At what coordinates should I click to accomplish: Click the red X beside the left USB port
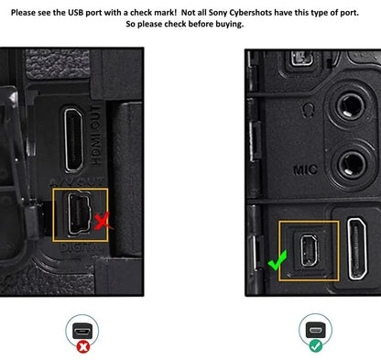click(x=102, y=222)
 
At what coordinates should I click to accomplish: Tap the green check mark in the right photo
click(x=278, y=261)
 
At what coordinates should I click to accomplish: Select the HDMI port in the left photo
click(x=74, y=139)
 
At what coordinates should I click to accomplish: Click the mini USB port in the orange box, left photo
click(x=79, y=214)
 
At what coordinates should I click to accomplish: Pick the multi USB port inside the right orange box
click(x=309, y=250)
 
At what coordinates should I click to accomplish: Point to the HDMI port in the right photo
click(x=358, y=248)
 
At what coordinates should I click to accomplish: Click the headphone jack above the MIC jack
click(x=350, y=107)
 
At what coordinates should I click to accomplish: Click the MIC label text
click(x=305, y=169)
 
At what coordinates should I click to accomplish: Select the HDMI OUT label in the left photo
click(x=96, y=135)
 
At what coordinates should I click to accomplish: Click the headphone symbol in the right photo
click(x=309, y=109)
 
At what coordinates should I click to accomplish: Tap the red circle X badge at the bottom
click(x=82, y=347)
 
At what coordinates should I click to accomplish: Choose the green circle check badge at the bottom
click(x=315, y=346)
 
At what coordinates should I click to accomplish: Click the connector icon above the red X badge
click(x=82, y=332)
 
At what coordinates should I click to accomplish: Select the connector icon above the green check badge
click(x=316, y=330)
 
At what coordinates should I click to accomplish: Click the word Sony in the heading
click(x=218, y=13)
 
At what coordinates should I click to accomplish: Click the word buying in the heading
click(x=230, y=24)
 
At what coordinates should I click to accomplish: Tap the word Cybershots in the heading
click(x=250, y=13)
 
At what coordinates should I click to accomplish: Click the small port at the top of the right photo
click(x=301, y=59)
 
